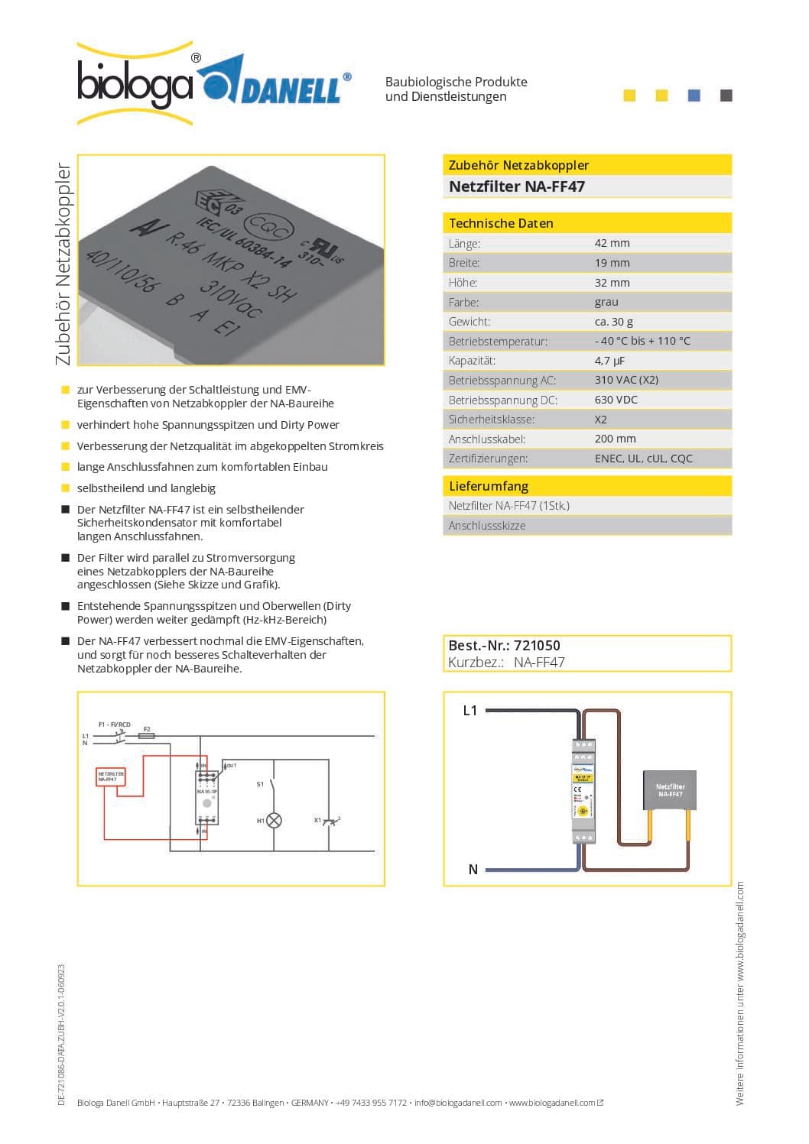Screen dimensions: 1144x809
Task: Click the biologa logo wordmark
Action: (x=135, y=84)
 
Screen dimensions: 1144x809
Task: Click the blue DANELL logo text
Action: (x=291, y=90)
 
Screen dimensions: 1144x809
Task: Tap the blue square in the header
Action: (x=694, y=96)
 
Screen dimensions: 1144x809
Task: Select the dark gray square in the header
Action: (x=726, y=96)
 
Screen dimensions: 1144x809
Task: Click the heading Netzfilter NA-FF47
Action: (x=516, y=186)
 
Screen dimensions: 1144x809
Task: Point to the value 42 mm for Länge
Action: (x=612, y=243)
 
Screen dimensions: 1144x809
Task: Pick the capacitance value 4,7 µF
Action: (x=609, y=361)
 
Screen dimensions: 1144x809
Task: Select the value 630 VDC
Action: (x=616, y=400)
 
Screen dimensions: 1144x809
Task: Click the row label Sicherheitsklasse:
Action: (x=491, y=420)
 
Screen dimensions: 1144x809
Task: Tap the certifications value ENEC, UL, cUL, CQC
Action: (x=643, y=459)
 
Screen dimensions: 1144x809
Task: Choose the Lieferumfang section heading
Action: (x=488, y=486)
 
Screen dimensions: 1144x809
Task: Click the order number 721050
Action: (x=537, y=646)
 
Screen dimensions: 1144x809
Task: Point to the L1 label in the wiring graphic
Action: (x=470, y=711)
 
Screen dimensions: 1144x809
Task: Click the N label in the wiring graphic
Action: (x=473, y=870)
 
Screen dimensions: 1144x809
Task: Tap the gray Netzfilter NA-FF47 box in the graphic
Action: (x=670, y=790)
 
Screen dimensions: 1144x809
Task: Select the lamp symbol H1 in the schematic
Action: (x=274, y=820)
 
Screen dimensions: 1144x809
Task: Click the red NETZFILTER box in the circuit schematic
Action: (x=110, y=776)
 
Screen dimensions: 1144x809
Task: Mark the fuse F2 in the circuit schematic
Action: (x=147, y=735)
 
